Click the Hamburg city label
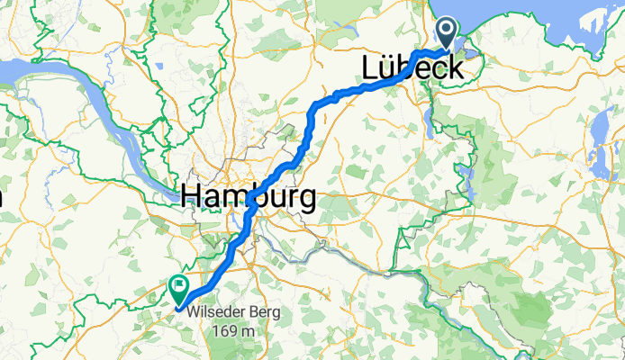pos(248,195)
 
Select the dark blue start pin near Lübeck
pos(448,34)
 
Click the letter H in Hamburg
pos(192,195)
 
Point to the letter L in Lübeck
pos(370,68)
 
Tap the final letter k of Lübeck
pos(455,68)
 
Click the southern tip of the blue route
pos(180,309)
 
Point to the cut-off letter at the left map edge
pos(2,195)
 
